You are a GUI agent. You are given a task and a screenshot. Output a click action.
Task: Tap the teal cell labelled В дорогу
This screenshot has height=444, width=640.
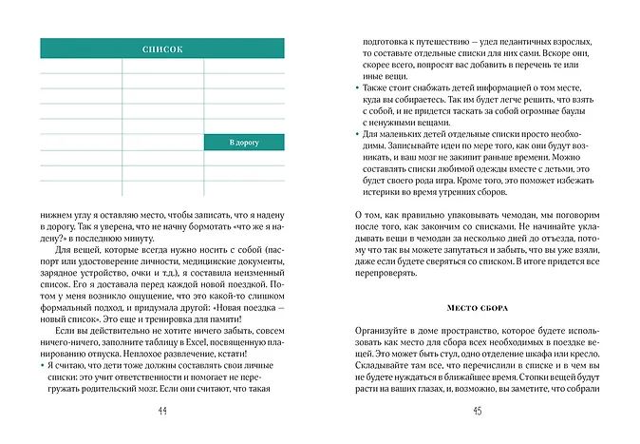(x=244, y=143)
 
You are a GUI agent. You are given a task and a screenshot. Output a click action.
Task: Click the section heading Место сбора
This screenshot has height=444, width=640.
(x=478, y=307)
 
